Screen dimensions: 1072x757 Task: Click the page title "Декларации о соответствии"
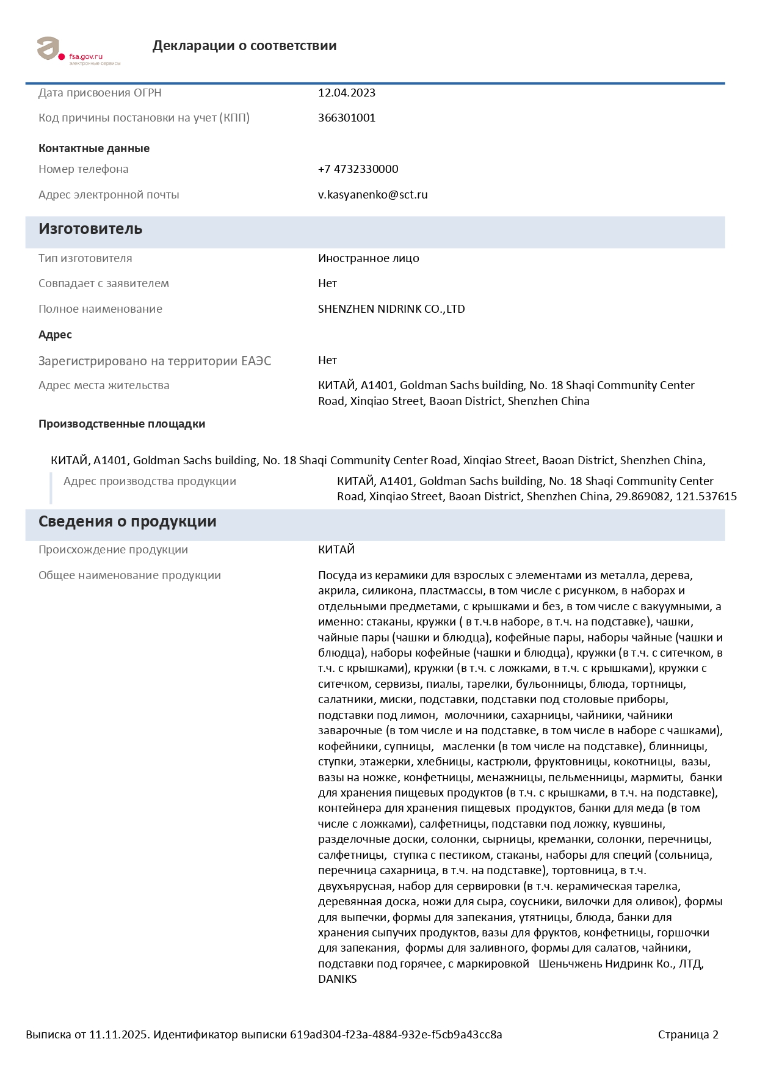tap(244, 46)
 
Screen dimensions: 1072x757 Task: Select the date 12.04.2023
tap(346, 93)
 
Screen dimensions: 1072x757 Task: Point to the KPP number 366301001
tap(346, 118)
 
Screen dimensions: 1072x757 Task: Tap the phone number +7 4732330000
tap(358, 169)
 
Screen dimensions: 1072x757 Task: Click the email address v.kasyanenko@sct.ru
tap(372, 195)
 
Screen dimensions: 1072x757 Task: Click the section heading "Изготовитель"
tap(90, 229)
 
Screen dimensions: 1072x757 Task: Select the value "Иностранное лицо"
tap(368, 258)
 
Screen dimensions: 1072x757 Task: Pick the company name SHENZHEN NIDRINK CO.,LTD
tap(391, 309)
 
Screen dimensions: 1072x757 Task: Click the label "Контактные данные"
tap(94, 148)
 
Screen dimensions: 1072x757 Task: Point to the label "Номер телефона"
tap(84, 169)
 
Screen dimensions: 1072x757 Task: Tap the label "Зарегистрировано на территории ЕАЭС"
tap(154, 361)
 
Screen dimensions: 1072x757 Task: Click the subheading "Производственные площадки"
tap(121, 424)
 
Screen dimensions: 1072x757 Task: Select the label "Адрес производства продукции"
tap(150, 481)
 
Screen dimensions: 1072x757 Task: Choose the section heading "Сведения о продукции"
tap(127, 522)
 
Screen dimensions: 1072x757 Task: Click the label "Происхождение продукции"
tap(113, 550)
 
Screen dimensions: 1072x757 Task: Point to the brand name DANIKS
tap(337, 979)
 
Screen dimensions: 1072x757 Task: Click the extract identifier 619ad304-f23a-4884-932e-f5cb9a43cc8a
tap(396, 1034)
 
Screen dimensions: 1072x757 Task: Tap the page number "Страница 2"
tap(687, 1034)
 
